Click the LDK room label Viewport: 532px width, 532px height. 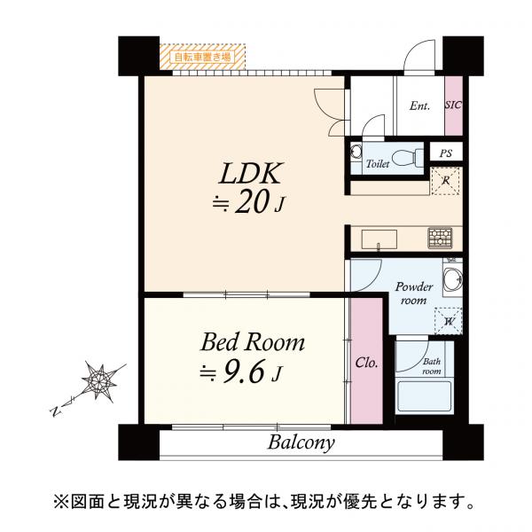tap(250, 174)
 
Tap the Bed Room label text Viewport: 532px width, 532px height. tap(253, 342)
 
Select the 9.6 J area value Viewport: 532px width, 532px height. tap(241, 372)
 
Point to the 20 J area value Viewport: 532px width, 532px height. tap(248, 203)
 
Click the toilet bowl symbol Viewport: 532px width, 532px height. tap(406, 158)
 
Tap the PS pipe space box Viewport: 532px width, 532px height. tap(446, 153)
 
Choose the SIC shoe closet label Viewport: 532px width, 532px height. tap(454, 105)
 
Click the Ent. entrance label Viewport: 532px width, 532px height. tap(419, 106)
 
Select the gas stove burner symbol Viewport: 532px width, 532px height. tap(440, 238)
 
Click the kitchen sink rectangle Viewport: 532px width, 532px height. tap(379, 239)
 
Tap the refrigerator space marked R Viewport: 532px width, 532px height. tap(445, 181)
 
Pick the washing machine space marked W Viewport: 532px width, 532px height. tap(449, 321)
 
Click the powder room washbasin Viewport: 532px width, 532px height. tap(453, 279)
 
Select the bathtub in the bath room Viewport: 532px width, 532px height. tap(425, 396)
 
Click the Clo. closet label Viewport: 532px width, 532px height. tap(366, 363)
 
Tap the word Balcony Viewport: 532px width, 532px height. tap(301, 443)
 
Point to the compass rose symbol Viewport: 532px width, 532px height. tap(99, 380)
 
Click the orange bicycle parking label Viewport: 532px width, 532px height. tap(202, 57)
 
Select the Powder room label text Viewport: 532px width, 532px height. tap(413, 293)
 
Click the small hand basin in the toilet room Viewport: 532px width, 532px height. tap(356, 152)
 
